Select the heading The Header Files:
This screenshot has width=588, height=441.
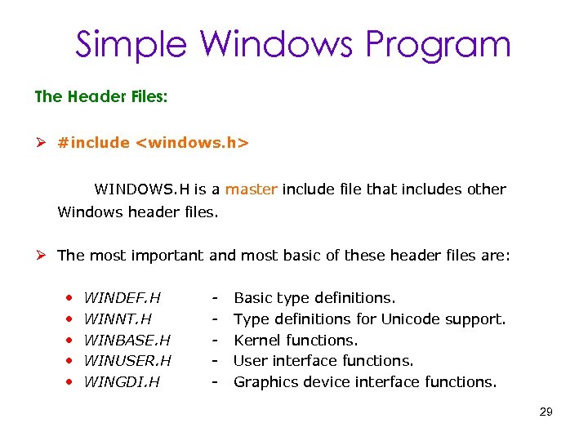101,96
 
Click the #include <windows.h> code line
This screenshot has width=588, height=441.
153,143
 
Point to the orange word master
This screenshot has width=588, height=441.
252,189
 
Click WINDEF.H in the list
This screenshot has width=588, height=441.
122,298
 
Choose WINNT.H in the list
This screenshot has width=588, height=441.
118,318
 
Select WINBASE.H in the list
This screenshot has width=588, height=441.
127,340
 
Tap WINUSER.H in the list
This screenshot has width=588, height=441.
128,360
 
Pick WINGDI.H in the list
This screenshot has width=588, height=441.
122,381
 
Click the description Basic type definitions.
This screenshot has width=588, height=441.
314,298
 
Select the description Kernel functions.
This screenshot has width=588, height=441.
296,340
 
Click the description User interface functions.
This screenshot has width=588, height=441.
323,360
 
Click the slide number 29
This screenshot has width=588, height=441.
546,412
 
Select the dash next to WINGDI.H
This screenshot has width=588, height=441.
216,381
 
